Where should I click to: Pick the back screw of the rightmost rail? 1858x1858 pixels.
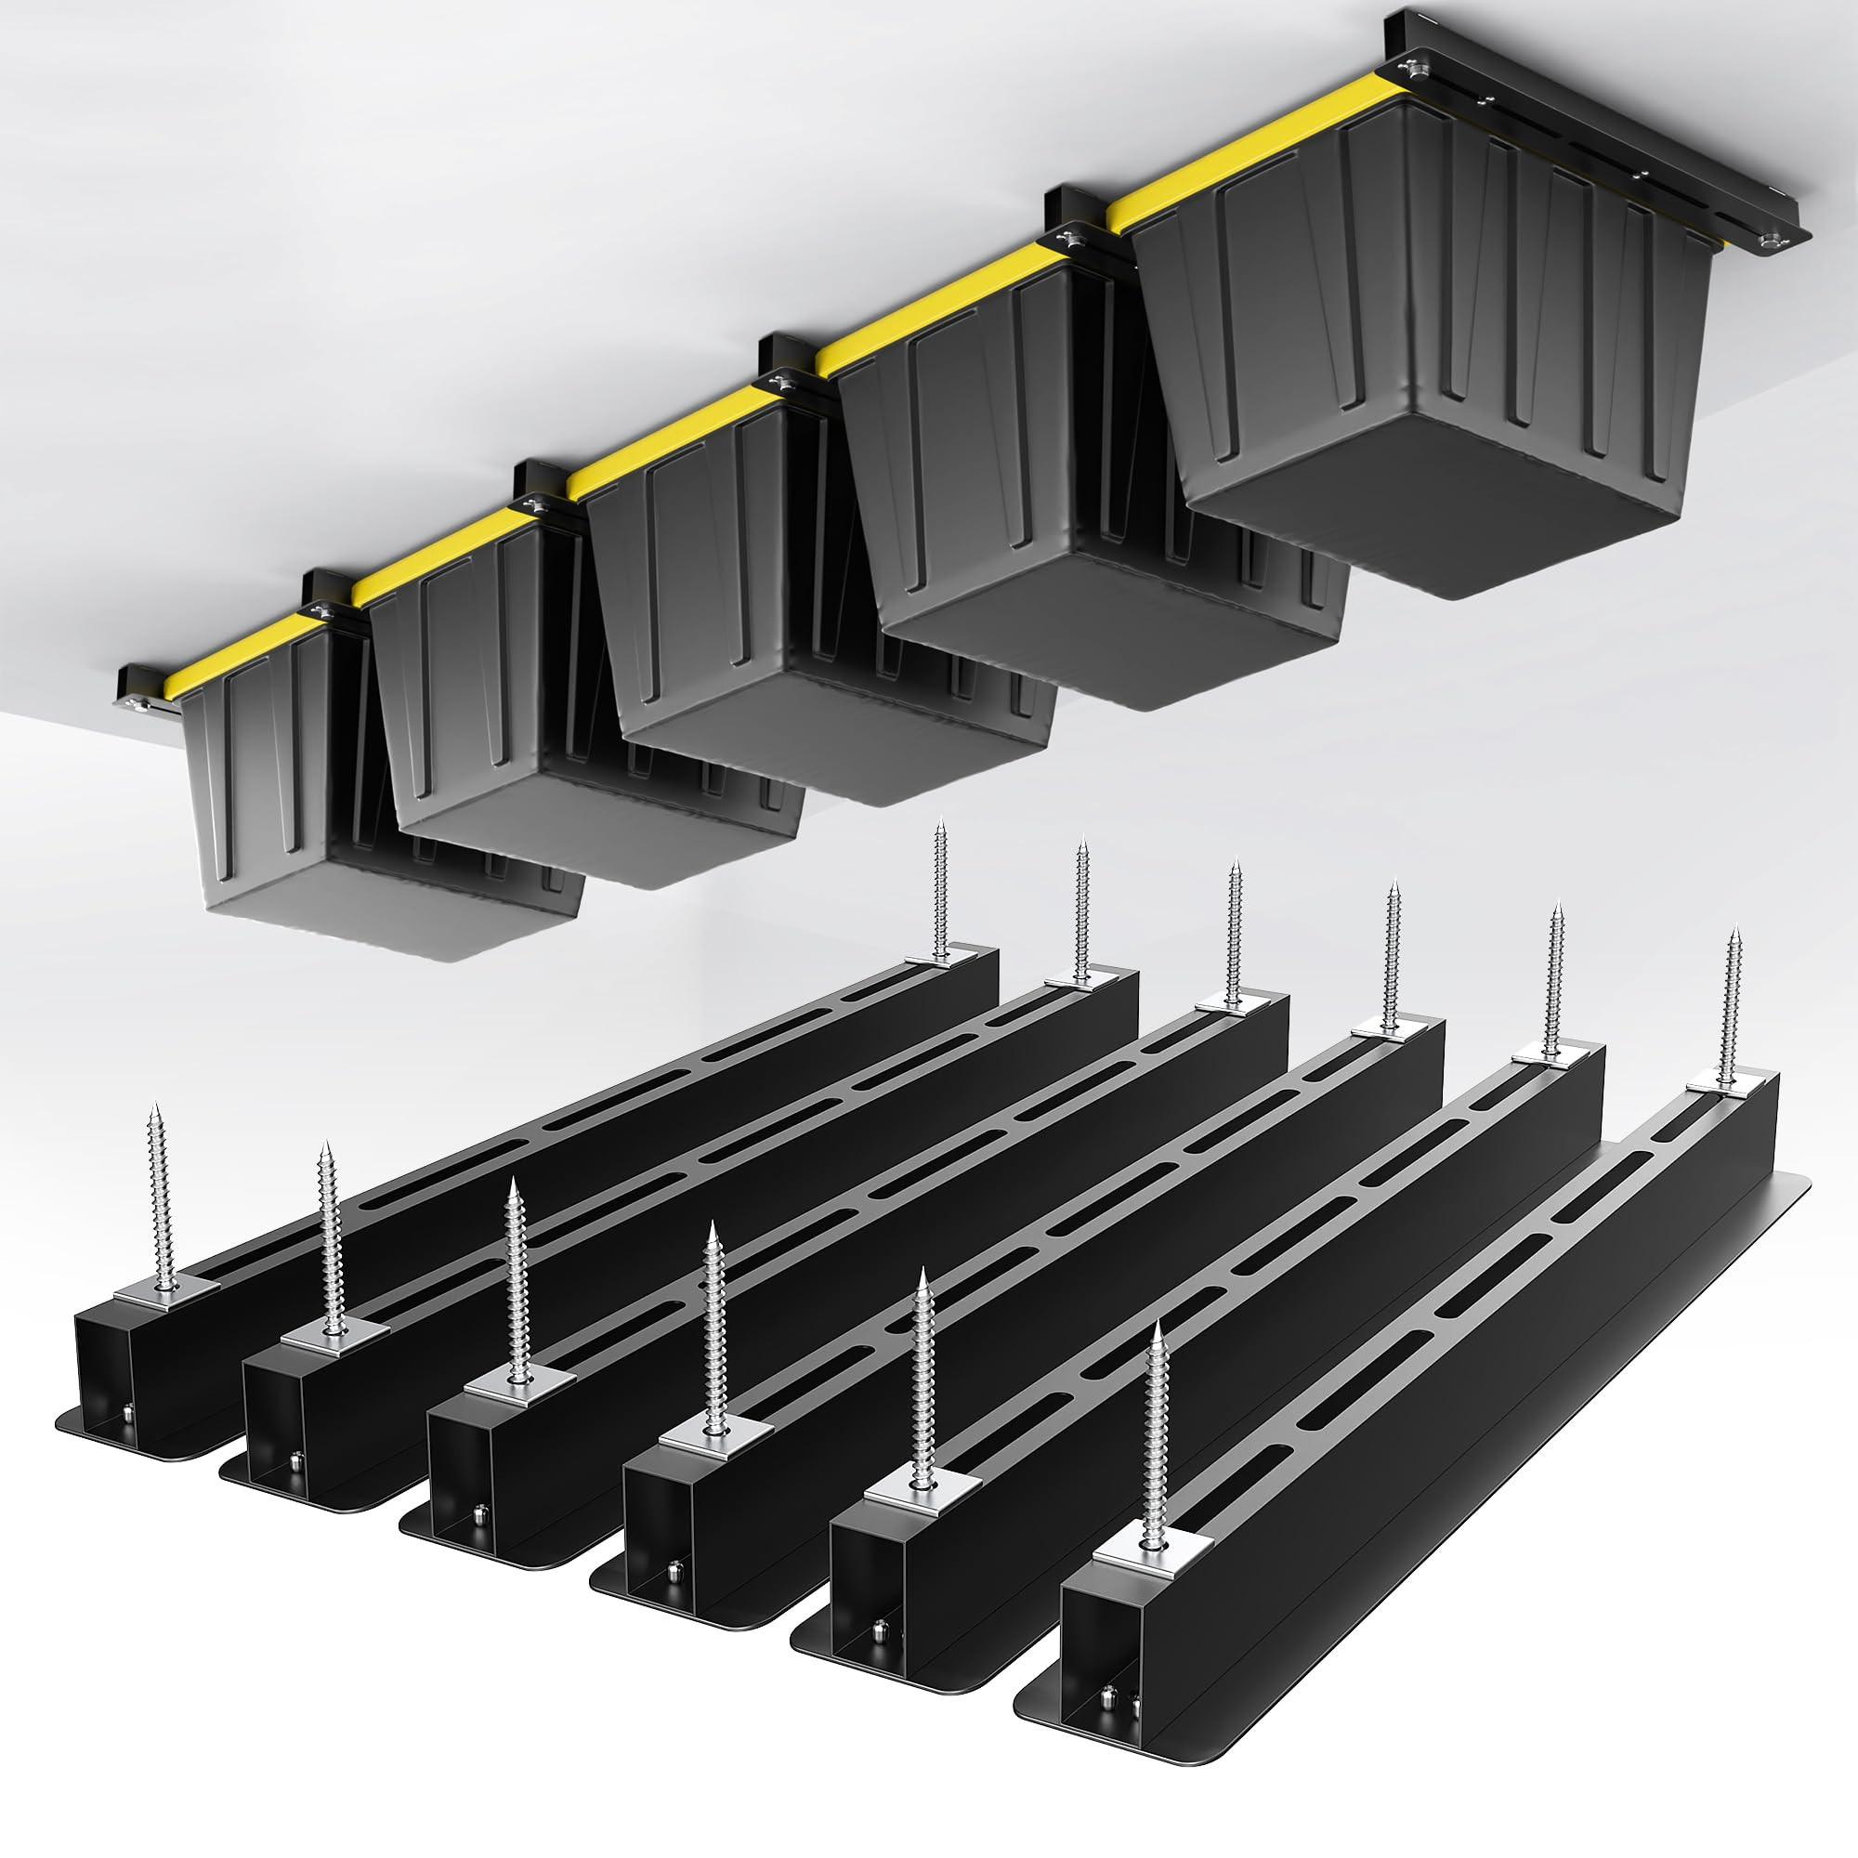1732,1010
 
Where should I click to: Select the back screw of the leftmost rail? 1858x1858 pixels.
940,890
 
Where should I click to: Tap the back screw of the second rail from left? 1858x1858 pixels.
1082,909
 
